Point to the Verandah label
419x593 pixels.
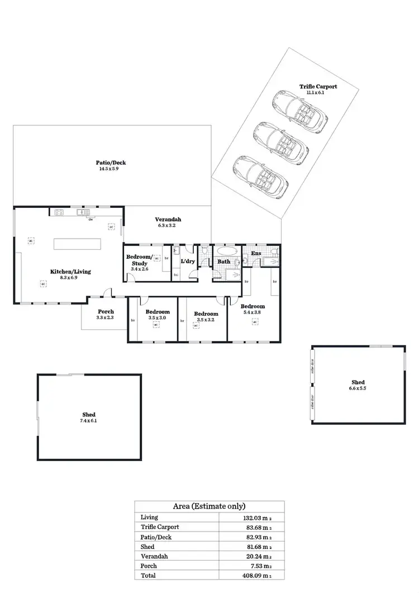(x=168, y=220)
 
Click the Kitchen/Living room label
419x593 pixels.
(x=70, y=272)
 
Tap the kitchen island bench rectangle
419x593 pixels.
(x=77, y=244)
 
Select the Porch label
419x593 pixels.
(x=106, y=311)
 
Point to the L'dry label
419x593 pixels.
(x=187, y=261)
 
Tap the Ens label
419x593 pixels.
(x=256, y=254)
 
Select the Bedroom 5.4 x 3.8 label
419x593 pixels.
(x=253, y=306)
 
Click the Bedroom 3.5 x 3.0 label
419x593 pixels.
(x=158, y=312)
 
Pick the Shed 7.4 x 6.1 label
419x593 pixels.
(x=89, y=415)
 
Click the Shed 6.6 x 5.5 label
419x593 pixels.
(x=358, y=382)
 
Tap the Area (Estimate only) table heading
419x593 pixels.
(x=209, y=506)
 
